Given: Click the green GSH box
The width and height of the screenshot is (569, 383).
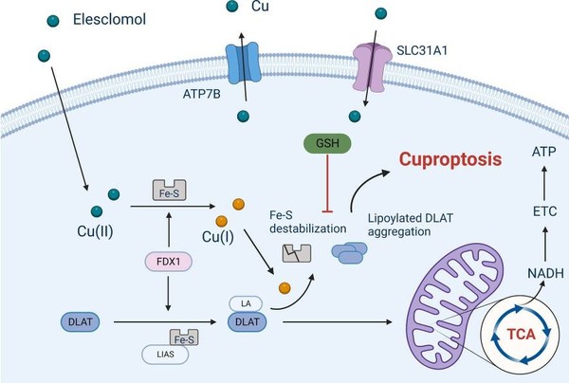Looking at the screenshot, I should pos(326,145).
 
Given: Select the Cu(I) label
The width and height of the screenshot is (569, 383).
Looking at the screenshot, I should pos(239,234).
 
